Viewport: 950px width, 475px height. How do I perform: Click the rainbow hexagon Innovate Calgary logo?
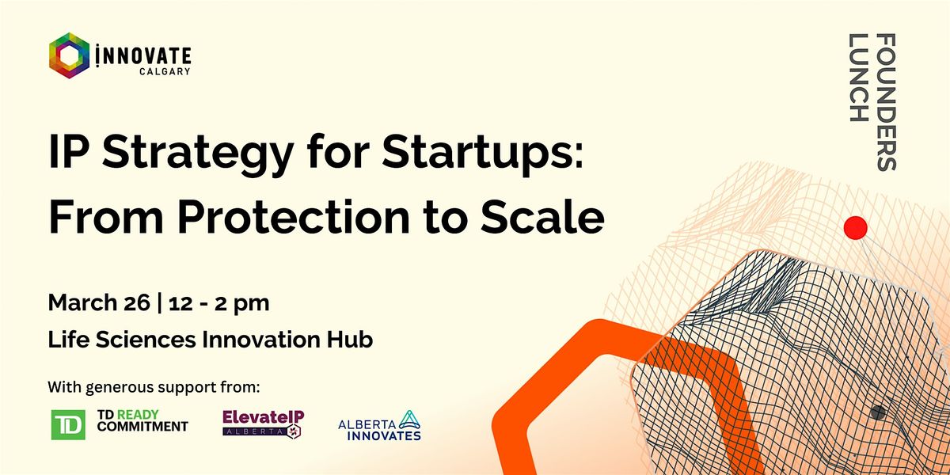click(70, 55)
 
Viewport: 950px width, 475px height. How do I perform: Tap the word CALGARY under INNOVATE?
click(165, 71)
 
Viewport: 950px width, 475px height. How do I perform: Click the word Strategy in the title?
click(198, 154)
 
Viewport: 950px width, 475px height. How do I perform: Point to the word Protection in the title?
click(294, 216)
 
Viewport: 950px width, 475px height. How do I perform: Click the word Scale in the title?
click(542, 216)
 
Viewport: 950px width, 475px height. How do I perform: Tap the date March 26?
click(99, 302)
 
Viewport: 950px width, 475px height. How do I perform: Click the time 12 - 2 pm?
click(218, 303)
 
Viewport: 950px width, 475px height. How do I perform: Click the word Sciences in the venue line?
click(146, 340)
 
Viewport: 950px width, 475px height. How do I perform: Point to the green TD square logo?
click(68, 424)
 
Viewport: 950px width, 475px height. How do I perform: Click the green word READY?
click(138, 414)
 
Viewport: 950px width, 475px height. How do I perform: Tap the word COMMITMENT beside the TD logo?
click(142, 426)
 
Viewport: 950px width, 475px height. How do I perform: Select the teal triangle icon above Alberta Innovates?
click(409, 420)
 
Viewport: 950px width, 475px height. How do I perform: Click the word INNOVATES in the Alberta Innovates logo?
click(384, 435)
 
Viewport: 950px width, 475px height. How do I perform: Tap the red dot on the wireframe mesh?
click(856, 228)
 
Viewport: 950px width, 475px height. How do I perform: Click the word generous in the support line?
click(120, 388)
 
